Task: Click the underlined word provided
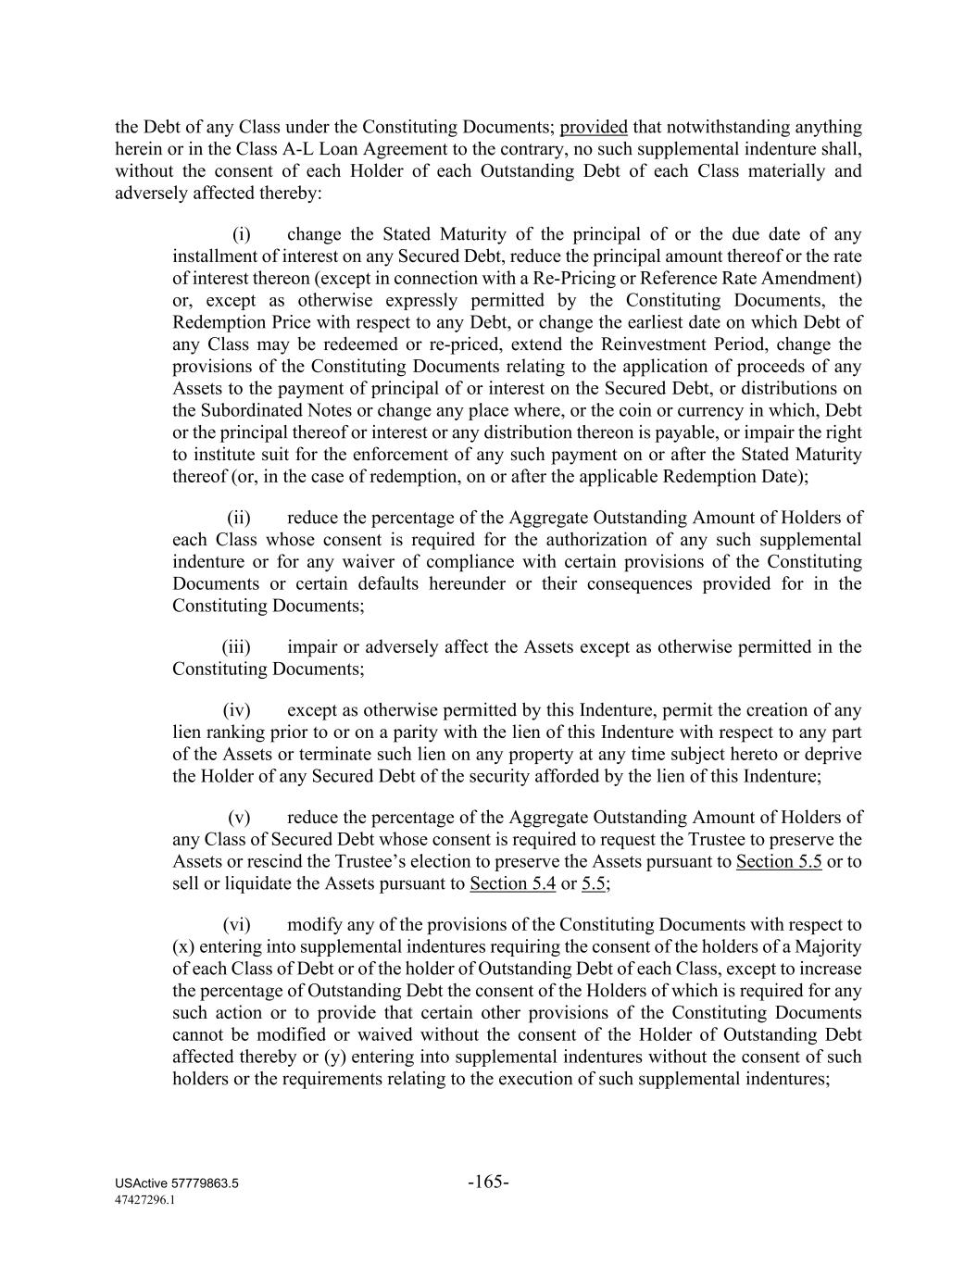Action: [x=594, y=127]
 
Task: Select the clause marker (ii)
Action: [x=239, y=518]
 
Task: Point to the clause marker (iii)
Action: [x=237, y=647]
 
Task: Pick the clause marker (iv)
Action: [x=237, y=710]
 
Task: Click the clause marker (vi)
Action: [x=237, y=924]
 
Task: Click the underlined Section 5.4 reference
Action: [x=512, y=883]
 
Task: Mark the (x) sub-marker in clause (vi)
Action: [x=183, y=946]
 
